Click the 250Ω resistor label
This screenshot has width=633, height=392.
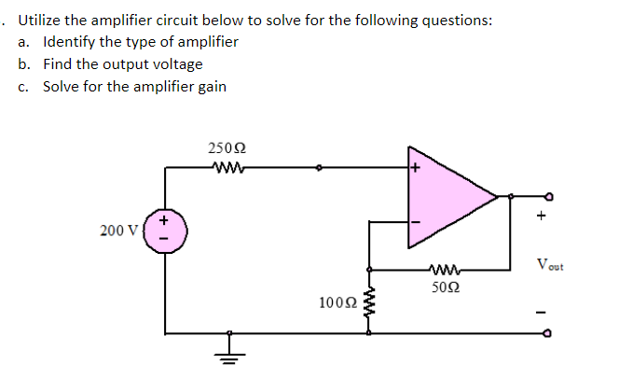227,148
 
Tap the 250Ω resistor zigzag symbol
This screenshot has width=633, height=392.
227,168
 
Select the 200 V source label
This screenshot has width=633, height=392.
118,231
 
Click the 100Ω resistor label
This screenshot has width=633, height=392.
337,302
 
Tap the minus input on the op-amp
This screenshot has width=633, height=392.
415,222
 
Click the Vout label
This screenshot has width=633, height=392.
550,266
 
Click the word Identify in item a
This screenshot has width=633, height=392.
69,42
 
